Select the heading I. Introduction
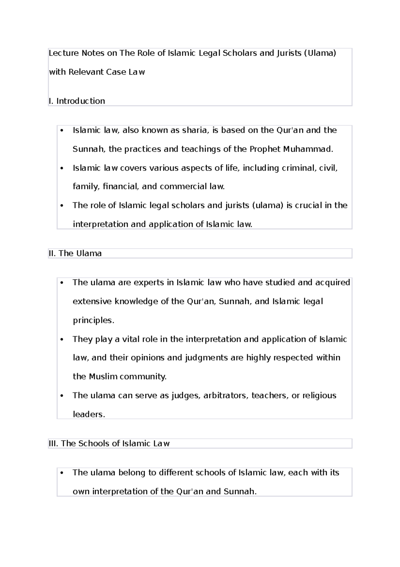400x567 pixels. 77,101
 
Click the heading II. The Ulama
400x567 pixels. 75,253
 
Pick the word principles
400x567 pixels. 93,320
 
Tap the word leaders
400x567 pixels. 89,414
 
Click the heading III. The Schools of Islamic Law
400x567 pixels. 109,443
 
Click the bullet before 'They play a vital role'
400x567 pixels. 62,340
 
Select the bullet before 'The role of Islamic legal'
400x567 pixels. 62,206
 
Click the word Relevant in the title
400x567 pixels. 86,72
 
